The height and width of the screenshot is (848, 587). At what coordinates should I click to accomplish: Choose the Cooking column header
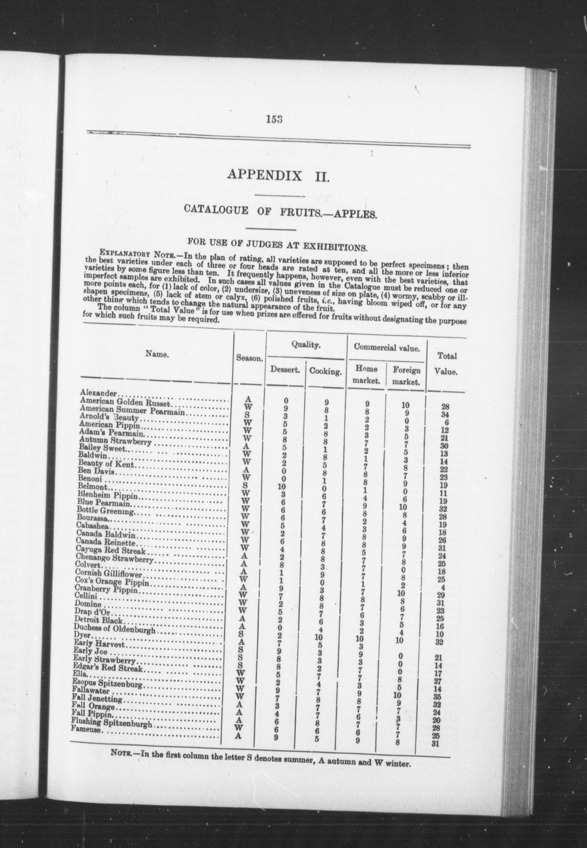pos(325,371)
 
